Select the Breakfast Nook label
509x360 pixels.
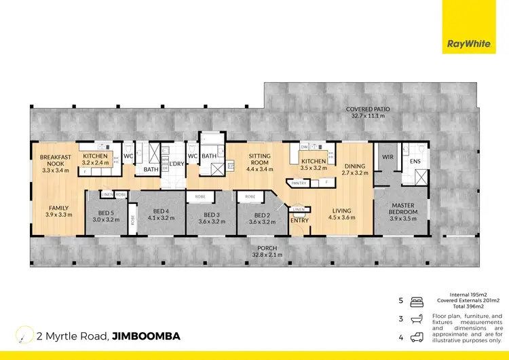click(56, 160)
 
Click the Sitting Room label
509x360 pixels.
click(259, 160)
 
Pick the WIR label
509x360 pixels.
click(388, 157)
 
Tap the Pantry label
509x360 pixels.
click(299, 183)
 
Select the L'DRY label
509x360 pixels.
click(177, 164)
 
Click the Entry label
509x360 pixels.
click(299, 219)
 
